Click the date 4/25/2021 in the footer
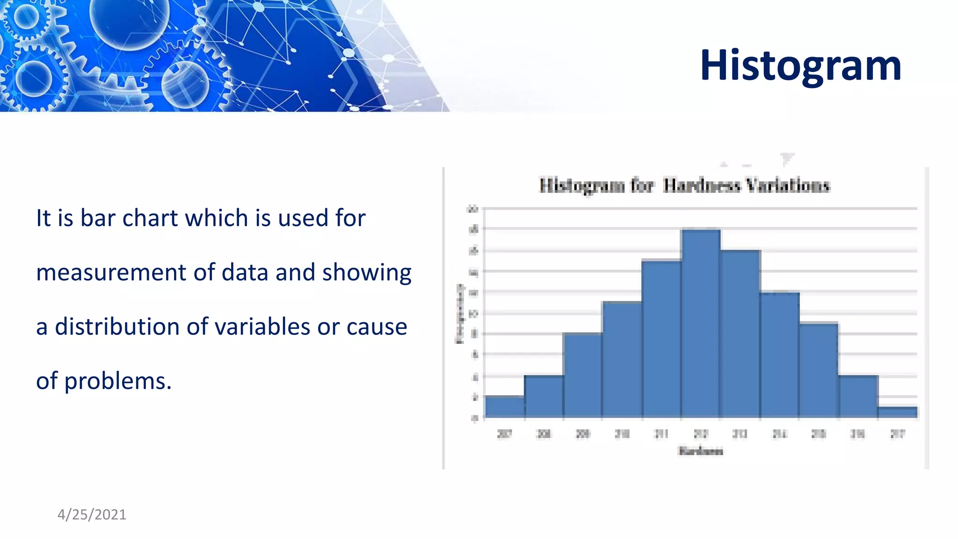tap(92, 514)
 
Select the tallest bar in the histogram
tap(700, 323)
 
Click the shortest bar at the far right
tap(897, 412)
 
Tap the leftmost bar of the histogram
tap(504, 407)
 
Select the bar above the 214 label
tap(779, 355)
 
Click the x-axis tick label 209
tap(583, 434)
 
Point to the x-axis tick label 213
tap(740, 434)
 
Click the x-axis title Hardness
tap(700, 451)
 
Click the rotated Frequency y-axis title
tap(460, 313)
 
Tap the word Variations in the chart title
tap(788, 185)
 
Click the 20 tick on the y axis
tap(473, 209)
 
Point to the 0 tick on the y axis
tap(474, 418)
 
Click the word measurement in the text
tap(110, 272)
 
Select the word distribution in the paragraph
tap(116, 327)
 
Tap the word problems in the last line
tap(117, 381)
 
